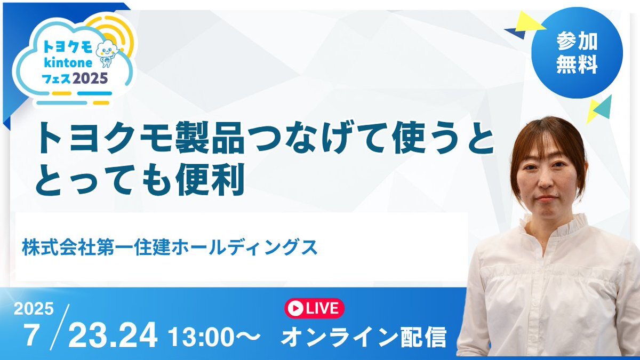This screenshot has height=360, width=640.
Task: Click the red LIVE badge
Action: click(x=314, y=308)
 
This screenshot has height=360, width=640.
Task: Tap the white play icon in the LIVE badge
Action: click(x=295, y=308)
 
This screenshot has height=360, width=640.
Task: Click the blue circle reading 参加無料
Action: click(x=577, y=53)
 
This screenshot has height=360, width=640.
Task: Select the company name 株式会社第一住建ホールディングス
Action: click(x=170, y=247)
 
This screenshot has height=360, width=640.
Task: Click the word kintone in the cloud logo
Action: click(x=68, y=62)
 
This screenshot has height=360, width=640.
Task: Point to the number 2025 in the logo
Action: click(x=90, y=78)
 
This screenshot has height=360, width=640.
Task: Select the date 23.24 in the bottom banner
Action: click(x=113, y=335)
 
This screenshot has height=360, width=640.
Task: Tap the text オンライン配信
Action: click(x=363, y=337)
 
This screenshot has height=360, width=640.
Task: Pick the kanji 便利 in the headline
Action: click(x=210, y=179)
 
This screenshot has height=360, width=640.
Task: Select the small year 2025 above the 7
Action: click(x=34, y=309)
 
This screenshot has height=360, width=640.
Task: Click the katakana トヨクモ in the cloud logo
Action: click(x=68, y=47)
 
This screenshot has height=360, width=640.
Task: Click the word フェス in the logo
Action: click(x=57, y=78)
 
